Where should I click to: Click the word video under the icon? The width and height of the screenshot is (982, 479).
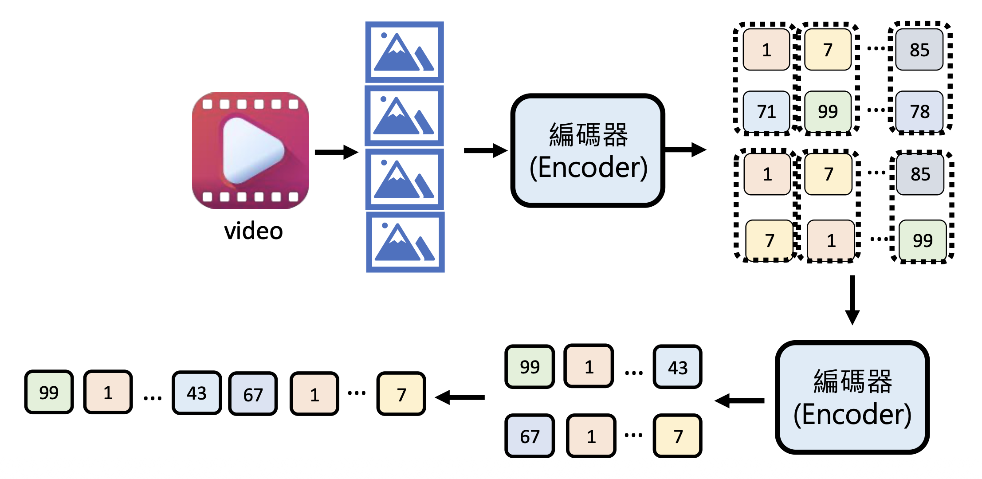253,231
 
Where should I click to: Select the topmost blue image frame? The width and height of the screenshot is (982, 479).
405,52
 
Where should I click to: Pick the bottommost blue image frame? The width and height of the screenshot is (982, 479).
405,242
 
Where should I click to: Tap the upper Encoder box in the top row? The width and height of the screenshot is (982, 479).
588,151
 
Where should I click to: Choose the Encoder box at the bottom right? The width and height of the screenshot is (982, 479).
852,397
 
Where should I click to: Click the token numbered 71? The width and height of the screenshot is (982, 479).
766,111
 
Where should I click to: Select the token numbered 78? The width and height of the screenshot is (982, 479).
919,111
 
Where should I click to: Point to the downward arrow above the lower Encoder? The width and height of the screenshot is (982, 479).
852,300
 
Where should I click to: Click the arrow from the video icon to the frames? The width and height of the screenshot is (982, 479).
336,152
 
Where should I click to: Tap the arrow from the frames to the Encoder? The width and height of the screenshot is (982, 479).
485,151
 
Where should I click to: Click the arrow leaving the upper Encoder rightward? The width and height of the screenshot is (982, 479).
686,150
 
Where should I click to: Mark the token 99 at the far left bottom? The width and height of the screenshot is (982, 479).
49,392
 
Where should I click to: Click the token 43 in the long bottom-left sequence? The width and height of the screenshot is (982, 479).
196,393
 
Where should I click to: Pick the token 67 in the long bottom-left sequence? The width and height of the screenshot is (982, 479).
253,394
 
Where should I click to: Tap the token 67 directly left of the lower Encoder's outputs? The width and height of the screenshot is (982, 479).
530,436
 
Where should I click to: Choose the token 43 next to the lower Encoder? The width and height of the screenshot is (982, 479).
677,367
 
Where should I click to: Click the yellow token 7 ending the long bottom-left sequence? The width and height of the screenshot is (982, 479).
401,394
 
